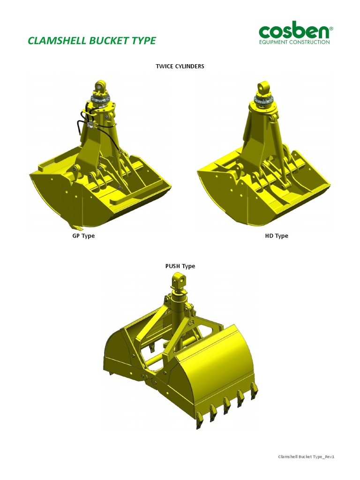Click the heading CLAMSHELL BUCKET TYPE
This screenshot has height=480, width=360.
[x=92, y=40]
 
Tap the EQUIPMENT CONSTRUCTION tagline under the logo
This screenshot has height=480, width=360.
[x=294, y=42]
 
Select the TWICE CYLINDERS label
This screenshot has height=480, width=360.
[x=180, y=66]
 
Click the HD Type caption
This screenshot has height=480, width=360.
[x=277, y=236]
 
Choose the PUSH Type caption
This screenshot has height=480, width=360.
[x=180, y=266]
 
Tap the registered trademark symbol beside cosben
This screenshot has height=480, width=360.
[x=331, y=28]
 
